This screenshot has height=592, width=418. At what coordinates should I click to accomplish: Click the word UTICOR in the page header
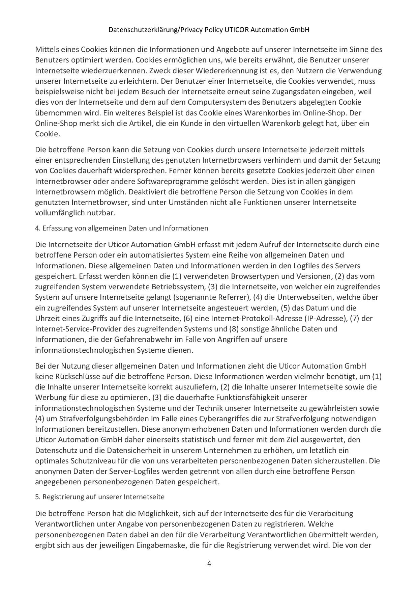pyautogui.click(x=236, y=30)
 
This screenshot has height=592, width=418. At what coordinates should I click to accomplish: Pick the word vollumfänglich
pyautogui.click(x=63, y=213)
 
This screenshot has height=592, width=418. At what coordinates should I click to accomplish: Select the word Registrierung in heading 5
pyautogui.click(x=61, y=497)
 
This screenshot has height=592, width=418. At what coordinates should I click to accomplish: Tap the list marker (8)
pyautogui.click(x=234, y=329)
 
